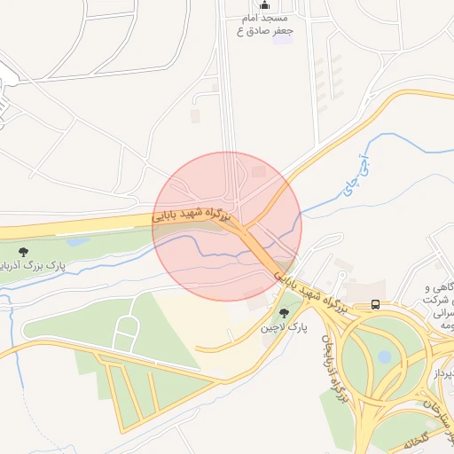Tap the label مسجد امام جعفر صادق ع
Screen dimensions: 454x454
[265, 24]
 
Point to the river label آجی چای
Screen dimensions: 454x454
[354, 174]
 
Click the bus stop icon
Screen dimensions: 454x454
[376, 305]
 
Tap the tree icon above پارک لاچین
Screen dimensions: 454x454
[284, 313]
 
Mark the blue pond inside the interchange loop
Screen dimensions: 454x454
[384, 356]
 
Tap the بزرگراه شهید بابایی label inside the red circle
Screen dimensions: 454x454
[191, 215]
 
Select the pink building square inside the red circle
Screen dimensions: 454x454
[259, 171]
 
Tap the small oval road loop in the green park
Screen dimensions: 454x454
[128, 327]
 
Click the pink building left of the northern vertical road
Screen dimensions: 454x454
[195, 116]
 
